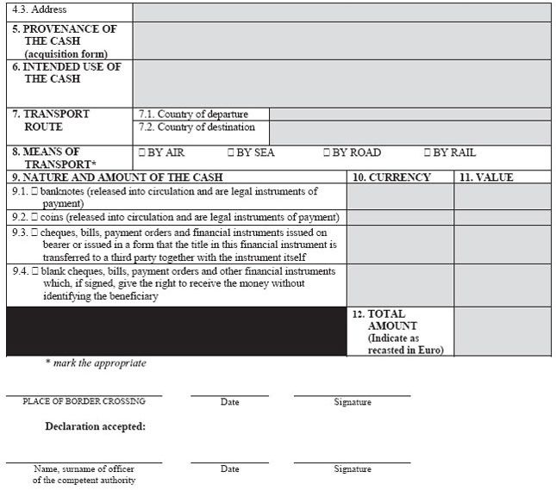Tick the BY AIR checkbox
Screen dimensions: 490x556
click(x=142, y=152)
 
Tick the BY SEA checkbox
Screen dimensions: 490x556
click(x=231, y=152)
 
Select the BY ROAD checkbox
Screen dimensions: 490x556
click(x=327, y=152)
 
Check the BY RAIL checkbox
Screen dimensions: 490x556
click(x=428, y=152)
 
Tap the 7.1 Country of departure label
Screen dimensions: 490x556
click(x=194, y=114)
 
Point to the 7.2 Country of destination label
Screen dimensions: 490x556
click(x=197, y=127)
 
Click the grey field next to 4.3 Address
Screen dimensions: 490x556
click(x=341, y=11)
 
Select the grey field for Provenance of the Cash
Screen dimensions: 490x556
click(x=341, y=40)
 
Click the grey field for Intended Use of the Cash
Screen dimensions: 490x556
click(x=341, y=83)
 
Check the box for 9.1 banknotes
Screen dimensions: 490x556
click(x=35, y=191)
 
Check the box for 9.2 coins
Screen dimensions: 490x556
click(x=35, y=217)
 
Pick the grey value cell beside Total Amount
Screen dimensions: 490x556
click(x=502, y=332)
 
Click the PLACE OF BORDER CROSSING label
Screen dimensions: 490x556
click(x=84, y=401)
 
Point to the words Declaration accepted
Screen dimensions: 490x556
click(x=95, y=426)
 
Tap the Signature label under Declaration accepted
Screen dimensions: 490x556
click(x=353, y=469)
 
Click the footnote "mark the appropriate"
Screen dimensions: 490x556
click(x=96, y=363)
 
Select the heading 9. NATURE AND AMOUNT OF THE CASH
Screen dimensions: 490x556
click(x=117, y=177)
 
